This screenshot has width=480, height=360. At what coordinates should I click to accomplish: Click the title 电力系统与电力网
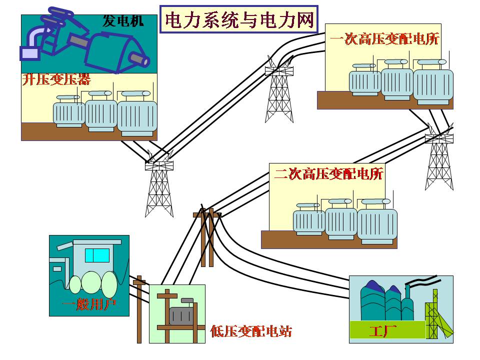239,20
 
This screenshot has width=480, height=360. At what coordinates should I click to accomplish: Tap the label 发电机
122,21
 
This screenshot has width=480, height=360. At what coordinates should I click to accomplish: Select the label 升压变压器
56,79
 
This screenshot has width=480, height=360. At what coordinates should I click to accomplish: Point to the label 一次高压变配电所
384,39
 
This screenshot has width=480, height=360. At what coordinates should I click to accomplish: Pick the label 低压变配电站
251,330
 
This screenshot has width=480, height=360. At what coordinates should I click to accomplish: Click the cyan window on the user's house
97,255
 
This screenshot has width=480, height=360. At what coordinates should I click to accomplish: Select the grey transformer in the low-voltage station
180,314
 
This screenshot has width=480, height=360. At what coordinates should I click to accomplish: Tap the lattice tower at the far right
439,160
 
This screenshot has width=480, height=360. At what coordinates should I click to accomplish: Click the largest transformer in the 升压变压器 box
136,116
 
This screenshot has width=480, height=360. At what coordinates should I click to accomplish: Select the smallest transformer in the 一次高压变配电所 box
364,81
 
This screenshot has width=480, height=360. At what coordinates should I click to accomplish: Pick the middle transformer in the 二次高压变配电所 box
341,223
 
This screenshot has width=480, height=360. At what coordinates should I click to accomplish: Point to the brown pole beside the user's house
139,310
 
